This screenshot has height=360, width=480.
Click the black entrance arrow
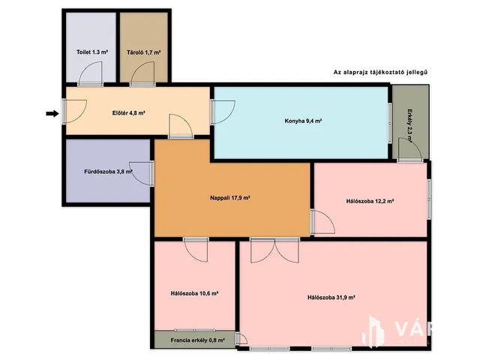pyautogui.click(x=52, y=113)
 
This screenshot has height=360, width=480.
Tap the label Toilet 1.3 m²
pyautogui.click(x=91, y=52)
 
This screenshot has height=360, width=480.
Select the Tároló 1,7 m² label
pyautogui.click(x=143, y=52)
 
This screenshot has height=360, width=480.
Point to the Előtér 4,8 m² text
pyautogui.click(x=128, y=113)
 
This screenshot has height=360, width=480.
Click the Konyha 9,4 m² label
pyautogui.click(x=303, y=121)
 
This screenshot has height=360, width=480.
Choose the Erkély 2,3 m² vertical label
pyautogui.click(x=409, y=126)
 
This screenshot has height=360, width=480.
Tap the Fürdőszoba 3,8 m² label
pyautogui.click(x=108, y=172)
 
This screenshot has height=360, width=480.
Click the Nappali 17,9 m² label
pyautogui.click(x=230, y=198)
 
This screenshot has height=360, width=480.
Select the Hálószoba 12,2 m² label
pyautogui.click(x=370, y=202)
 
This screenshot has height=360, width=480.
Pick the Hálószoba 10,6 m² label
pyautogui.click(x=194, y=293)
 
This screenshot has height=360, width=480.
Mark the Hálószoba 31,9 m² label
pyautogui.click(x=331, y=298)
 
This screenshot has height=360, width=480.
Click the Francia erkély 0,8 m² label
pyautogui.click(x=198, y=340)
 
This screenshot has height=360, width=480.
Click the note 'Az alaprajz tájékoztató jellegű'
pyautogui.click(x=380, y=73)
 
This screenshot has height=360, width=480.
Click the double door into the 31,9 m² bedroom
pyautogui.click(x=274, y=250)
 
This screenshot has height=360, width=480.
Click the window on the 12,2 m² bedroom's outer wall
pyautogui.click(x=429, y=199)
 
